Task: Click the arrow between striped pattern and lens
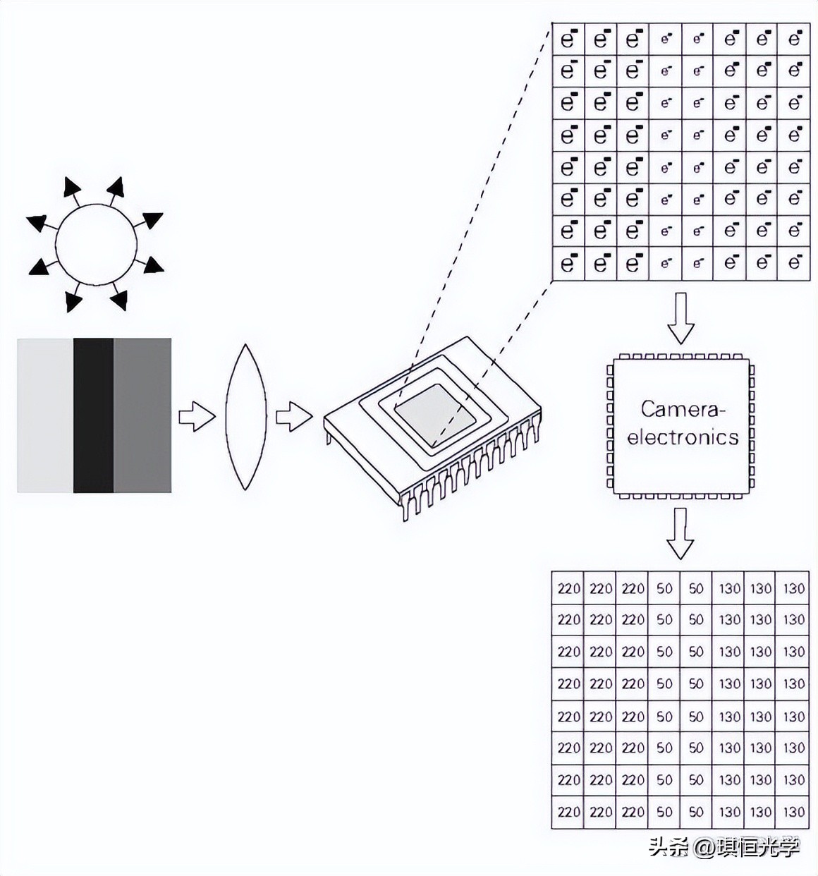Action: coord(196,416)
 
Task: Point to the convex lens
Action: coord(245,417)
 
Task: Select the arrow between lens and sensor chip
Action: coord(293,416)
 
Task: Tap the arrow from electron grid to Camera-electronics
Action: coord(680,317)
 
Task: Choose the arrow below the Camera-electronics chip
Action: coord(680,533)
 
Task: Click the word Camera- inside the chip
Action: coord(683,409)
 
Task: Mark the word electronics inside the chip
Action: coord(683,437)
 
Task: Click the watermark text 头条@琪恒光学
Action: coord(724,846)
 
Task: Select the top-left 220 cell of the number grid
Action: coord(568,588)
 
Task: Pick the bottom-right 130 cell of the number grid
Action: coord(793,812)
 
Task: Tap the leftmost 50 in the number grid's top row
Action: coord(664,588)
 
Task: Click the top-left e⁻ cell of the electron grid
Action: coord(568,39)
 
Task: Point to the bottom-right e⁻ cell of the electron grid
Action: coord(795,263)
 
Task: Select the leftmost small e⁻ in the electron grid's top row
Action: coord(666,39)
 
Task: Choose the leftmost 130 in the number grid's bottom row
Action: coord(729,812)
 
